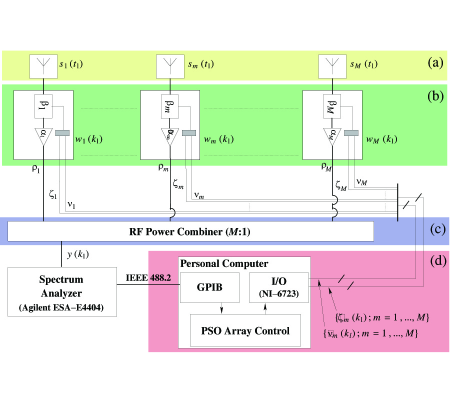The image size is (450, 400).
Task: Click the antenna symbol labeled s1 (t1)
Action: point(44,65)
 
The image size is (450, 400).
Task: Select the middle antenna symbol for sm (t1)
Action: point(170,65)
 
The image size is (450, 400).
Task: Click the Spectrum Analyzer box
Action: point(62,291)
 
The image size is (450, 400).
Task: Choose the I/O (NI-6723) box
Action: point(278,287)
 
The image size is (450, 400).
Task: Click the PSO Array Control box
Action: point(245,330)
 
